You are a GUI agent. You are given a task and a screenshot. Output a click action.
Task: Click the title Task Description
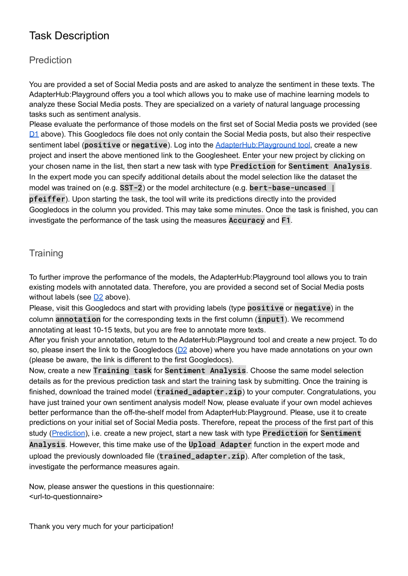[69, 36]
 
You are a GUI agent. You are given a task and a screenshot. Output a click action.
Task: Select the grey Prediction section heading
[50, 60]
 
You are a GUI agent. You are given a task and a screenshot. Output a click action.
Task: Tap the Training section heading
[46, 253]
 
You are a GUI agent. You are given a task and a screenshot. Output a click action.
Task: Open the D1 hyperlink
[33, 134]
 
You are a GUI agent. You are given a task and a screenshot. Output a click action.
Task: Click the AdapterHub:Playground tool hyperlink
[262, 145]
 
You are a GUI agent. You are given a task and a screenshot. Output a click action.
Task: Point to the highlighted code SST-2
[131, 188]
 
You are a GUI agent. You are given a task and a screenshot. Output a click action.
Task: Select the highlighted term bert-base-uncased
[288, 188]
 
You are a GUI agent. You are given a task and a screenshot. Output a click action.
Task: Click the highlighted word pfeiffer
[47, 199]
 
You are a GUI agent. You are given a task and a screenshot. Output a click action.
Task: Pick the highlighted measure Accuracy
[247, 221]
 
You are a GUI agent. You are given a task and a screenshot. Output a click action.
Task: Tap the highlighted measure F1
[286, 221]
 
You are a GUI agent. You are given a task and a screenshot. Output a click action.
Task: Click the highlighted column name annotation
[78, 319]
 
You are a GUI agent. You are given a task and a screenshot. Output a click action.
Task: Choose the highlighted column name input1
[271, 319]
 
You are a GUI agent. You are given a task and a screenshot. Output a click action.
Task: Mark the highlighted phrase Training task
[122, 370]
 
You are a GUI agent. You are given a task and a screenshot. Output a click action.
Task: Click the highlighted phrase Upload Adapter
[220, 444]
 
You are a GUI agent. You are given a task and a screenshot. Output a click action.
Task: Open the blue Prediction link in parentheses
[68, 433]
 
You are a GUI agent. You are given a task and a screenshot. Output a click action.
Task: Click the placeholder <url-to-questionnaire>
[66, 496]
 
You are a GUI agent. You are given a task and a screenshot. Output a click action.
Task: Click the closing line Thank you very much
[101, 526]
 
